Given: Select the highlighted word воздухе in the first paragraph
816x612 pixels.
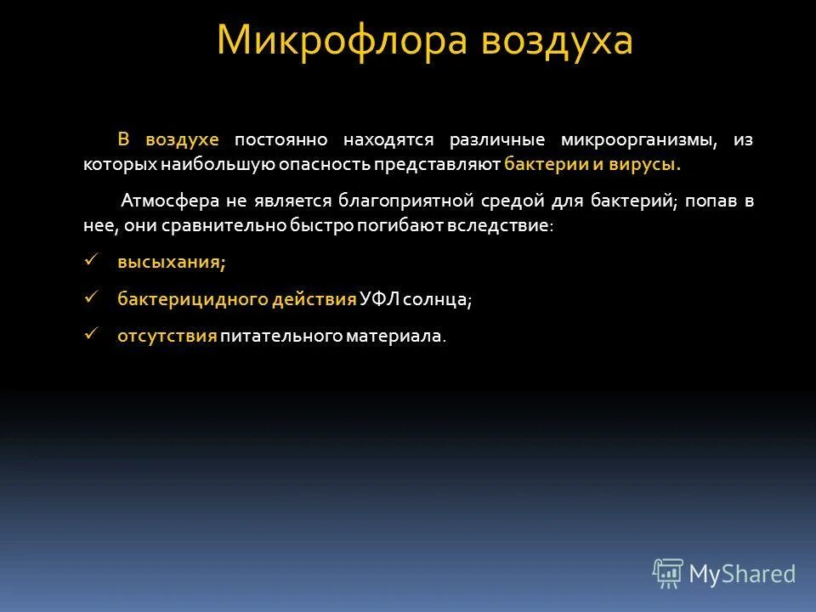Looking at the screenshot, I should click(x=182, y=139).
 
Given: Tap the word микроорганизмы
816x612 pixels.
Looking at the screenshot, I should click(x=636, y=139).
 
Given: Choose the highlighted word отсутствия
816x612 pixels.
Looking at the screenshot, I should click(x=167, y=337).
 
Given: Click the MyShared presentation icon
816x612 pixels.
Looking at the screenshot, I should click(x=668, y=574).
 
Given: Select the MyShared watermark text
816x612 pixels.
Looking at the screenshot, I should click(x=742, y=575).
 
